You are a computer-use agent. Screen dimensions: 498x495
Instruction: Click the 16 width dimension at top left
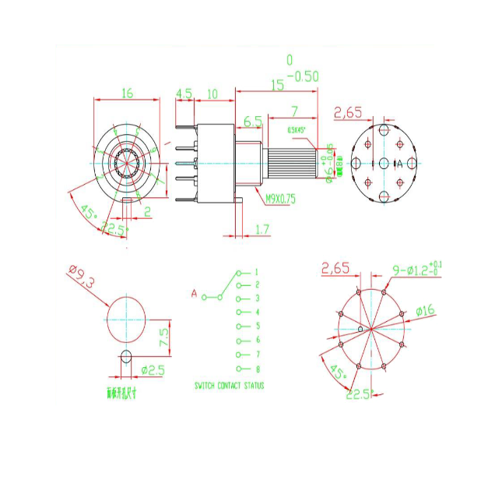point(128,93)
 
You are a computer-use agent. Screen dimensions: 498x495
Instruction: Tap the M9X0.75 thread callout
point(280,198)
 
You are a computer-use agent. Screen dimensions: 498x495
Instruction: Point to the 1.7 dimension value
point(263,228)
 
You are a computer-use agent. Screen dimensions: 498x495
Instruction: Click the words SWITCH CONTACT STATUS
point(229,386)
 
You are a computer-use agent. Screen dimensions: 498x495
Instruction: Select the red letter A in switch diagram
point(194,294)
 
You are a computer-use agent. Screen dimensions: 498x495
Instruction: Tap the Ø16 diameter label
point(425,311)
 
